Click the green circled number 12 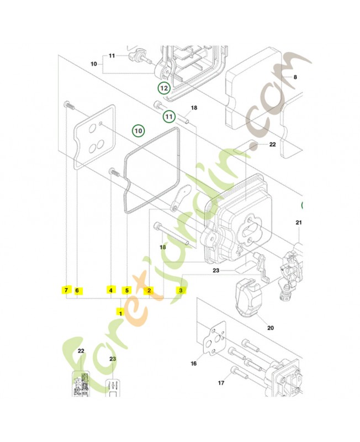pos(163,88)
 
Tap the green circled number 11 pos(169,117)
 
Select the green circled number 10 pos(138,131)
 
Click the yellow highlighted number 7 pos(66,290)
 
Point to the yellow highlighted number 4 pos(111,290)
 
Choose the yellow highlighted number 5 pos(127,290)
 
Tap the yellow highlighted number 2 pos(149,291)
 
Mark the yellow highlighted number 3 pos(181,290)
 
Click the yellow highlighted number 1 pos(121,313)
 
